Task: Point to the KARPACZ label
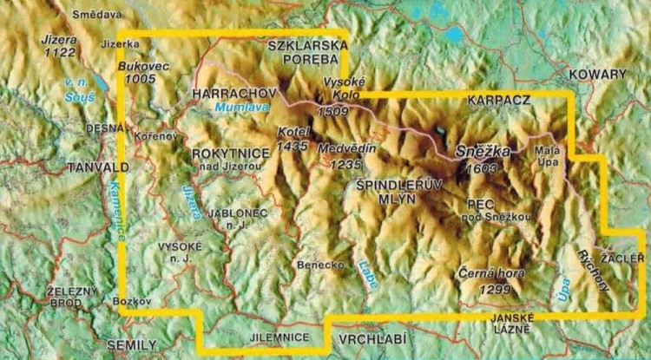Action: pyautogui.click(x=498, y=101)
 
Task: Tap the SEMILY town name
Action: pyautogui.click(x=126, y=344)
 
